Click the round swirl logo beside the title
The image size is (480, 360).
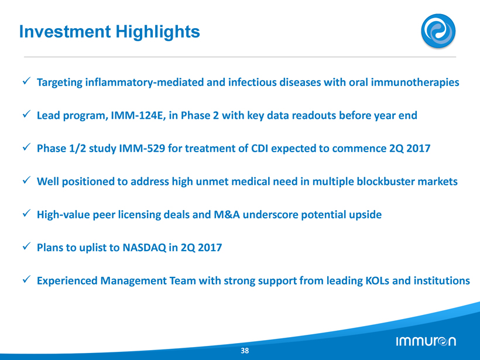(438, 31)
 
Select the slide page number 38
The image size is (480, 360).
(245, 351)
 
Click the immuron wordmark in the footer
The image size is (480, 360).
(426, 341)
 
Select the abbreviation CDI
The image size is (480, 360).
(259, 149)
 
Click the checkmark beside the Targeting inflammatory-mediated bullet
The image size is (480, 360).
(26, 81)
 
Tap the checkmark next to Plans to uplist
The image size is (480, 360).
(26, 246)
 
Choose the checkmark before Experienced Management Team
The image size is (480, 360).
(26, 279)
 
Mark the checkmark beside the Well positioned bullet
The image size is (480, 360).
(26, 180)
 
